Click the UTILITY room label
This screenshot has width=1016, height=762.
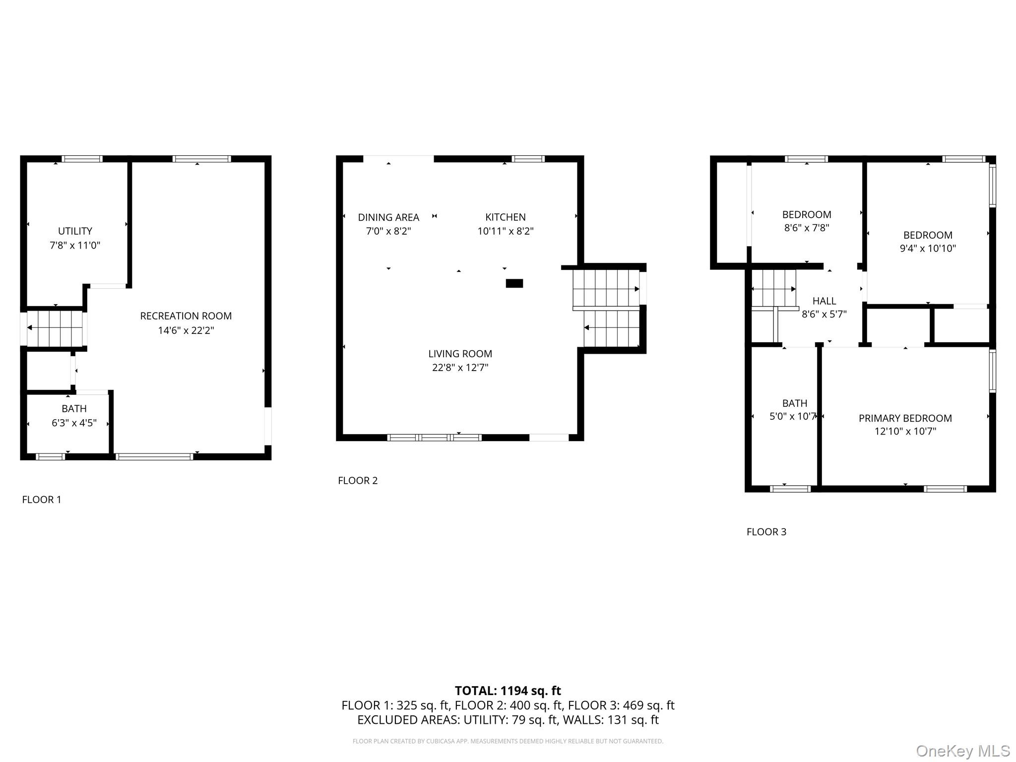(x=75, y=231)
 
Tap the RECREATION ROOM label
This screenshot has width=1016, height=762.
(x=186, y=316)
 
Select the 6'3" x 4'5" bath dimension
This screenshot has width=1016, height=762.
(x=74, y=423)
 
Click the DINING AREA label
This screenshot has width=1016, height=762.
(x=388, y=217)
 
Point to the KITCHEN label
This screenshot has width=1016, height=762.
(x=505, y=217)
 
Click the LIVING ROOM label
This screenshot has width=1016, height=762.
(x=460, y=354)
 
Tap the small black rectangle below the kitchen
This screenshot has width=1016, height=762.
(x=514, y=283)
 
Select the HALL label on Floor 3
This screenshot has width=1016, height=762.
(x=824, y=301)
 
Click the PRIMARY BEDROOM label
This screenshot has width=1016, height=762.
(x=905, y=418)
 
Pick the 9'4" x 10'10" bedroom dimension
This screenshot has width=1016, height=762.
(x=928, y=248)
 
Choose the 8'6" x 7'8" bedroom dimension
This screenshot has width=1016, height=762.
(x=806, y=228)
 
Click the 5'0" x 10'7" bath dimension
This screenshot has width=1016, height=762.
(x=793, y=416)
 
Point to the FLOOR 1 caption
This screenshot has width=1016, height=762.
(x=42, y=500)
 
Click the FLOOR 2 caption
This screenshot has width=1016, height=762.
(x=358, y=480)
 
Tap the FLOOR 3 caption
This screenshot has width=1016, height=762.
(x=766, y=532)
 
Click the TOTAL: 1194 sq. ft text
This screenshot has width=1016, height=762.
(x=508, y=691)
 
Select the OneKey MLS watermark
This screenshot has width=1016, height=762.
(x=962, y=751)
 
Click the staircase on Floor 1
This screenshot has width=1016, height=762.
(x=55, y=328)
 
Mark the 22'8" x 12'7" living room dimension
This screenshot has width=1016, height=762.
(x=460, y=368)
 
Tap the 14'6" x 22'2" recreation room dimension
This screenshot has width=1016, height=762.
(x=186, y=330)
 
